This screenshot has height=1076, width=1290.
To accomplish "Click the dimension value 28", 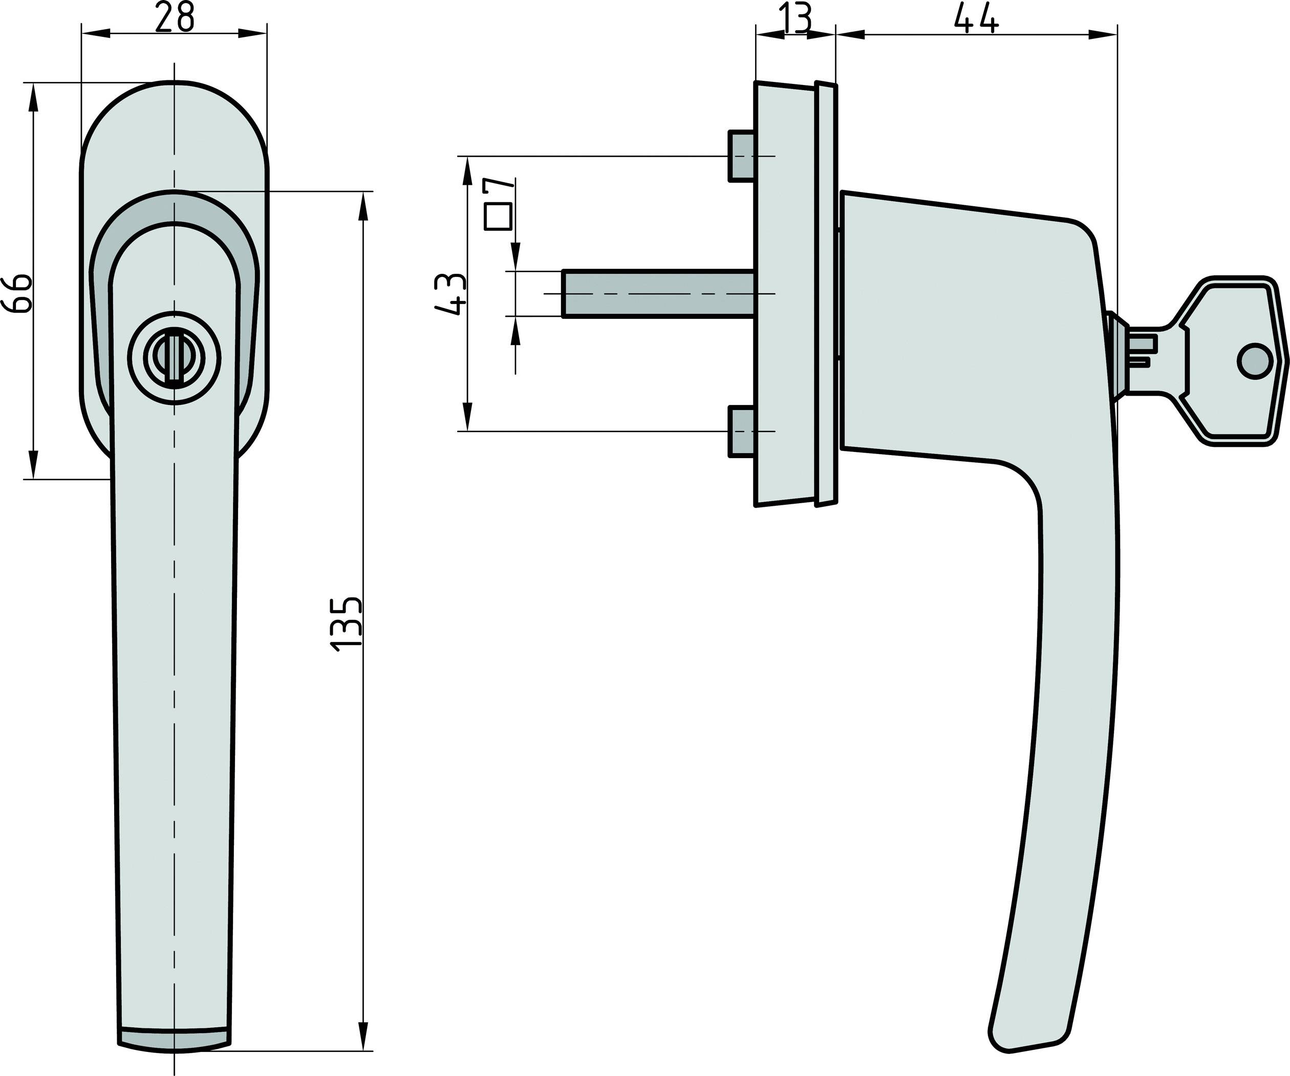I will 174,18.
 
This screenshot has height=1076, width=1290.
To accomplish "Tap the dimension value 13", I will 795,18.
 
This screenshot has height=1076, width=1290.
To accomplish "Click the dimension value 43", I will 450,294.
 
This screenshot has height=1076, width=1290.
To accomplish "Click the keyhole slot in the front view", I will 175,357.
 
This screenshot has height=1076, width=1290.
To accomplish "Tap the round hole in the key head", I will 1254,361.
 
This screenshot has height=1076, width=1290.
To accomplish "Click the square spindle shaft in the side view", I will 657,293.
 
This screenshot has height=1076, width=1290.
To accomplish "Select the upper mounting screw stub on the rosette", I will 741,156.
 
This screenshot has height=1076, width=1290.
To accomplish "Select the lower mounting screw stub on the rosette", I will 741,431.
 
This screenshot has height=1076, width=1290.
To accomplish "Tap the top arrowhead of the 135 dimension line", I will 363,206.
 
